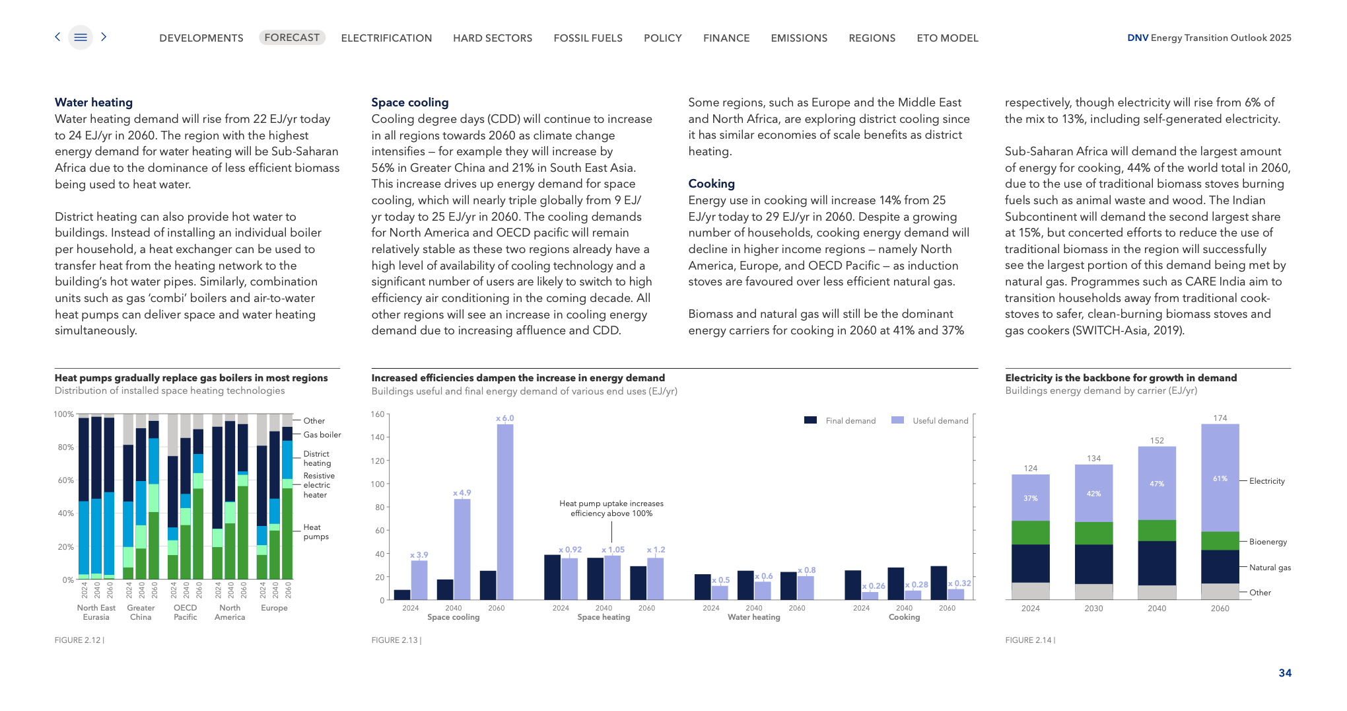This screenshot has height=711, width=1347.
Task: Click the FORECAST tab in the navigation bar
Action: [292, 38]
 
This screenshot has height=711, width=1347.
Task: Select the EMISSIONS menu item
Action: [799, 38]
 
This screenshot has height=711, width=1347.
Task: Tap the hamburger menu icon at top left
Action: [81, 38]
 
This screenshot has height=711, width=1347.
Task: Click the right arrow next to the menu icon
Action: [104, 37]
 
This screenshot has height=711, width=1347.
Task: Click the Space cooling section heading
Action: [409, 102]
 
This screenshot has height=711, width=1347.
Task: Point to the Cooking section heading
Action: [711, 184]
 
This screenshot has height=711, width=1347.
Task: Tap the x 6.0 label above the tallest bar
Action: [504, 418]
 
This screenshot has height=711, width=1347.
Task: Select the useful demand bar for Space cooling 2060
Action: [505, 512]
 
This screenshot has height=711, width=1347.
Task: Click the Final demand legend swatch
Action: [810, 420]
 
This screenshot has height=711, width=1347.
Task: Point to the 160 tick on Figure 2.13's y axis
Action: [378, 414]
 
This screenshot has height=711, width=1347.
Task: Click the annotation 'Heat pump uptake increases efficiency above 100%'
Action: [611, 508]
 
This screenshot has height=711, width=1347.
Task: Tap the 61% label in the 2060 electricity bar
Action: [1220, 478]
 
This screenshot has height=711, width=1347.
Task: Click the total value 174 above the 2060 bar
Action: [1220, 418]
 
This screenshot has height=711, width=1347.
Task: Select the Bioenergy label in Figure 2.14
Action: [1268, 542]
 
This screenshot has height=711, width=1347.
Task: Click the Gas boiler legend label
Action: [322, 435]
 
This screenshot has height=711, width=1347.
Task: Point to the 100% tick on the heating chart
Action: [63, 414]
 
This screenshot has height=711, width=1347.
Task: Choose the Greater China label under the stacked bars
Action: [141, 613]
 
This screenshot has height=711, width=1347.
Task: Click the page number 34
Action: [1285, 673]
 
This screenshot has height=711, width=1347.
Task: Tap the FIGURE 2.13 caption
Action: [396, 640]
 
